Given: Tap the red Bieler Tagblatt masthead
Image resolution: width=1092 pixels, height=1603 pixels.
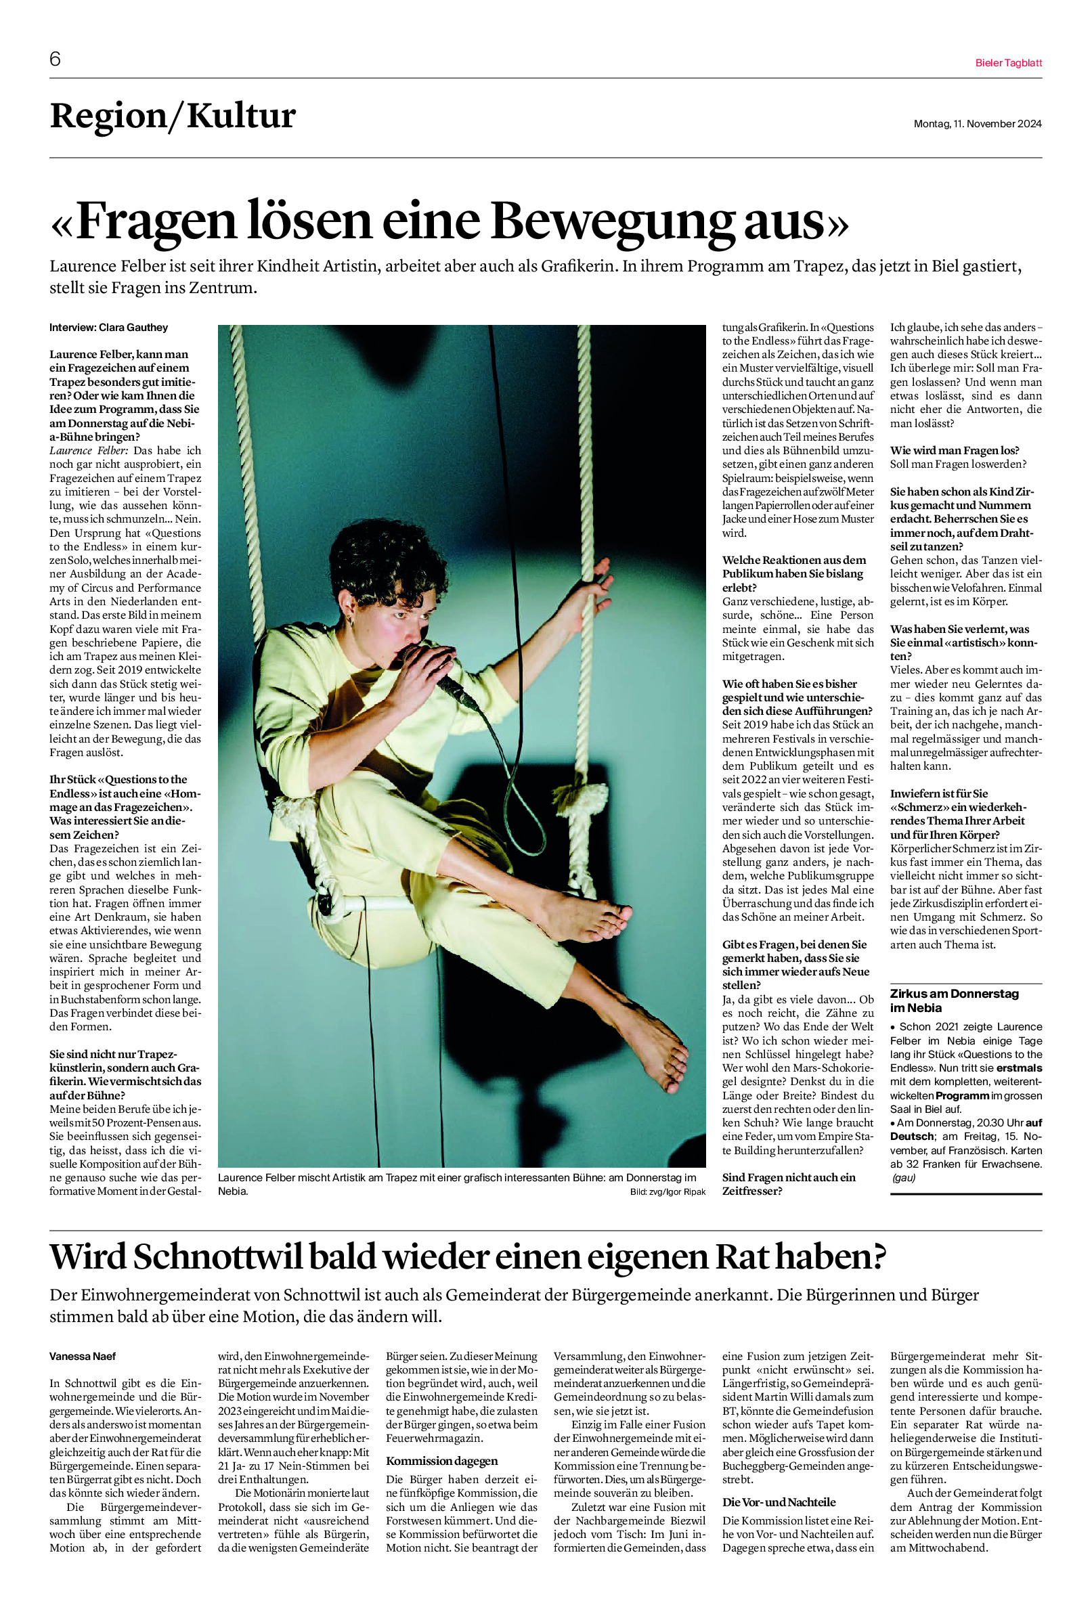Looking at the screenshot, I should click(x=1008, y=63).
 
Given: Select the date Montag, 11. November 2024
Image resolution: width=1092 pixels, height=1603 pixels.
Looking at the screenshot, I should click(x=977, y=124).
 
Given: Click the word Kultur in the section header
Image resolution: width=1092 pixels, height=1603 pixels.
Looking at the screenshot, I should click(x=242, y=116).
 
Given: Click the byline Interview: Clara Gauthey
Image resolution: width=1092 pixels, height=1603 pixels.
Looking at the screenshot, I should click(x=108, y=328).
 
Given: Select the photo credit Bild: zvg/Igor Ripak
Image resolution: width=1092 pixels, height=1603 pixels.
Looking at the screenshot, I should click(x=667, y=1192).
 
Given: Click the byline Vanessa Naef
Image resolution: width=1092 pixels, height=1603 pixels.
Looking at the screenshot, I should click(x=82, y=1356).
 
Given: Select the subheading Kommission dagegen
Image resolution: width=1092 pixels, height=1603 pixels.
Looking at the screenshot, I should click(x=441, y=1461).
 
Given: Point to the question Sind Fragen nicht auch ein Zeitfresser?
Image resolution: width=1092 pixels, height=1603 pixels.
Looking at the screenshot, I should click(x=789, y=1185).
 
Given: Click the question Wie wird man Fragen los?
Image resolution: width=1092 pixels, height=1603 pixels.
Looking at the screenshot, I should click(x=954, y=450).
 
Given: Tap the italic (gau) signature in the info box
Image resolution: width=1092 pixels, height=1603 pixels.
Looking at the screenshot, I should click(x=903, y=1177).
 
